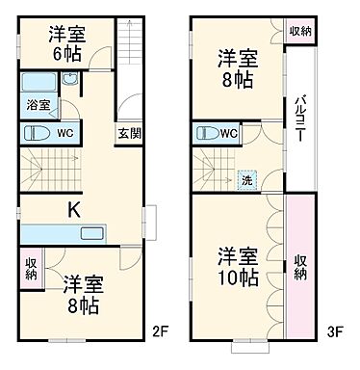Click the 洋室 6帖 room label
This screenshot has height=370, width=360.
coord(67,43)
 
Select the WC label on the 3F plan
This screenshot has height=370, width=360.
coord(230,134)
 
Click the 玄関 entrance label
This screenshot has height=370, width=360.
coord(128,134)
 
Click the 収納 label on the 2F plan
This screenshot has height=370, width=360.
coord(32,267)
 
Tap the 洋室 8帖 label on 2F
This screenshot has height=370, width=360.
coord(85,295)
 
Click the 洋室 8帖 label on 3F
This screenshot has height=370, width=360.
coord(238,67)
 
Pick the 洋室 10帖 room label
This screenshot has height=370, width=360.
coord(237,268)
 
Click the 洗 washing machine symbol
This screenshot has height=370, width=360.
coord(247,178)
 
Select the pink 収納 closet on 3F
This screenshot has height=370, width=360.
coord(300,266)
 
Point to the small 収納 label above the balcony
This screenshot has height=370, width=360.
coord(300,31)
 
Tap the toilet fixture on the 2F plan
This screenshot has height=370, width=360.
coord(38,132)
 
